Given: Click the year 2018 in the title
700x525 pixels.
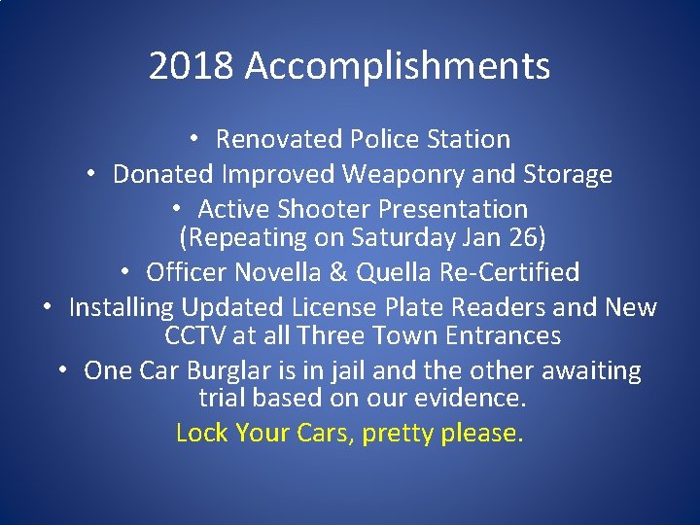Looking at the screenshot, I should (x=192, y=66).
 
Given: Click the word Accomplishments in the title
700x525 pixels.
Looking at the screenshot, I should (x=398, y=67).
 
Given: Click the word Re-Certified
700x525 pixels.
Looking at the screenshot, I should (x=513, y=271).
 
